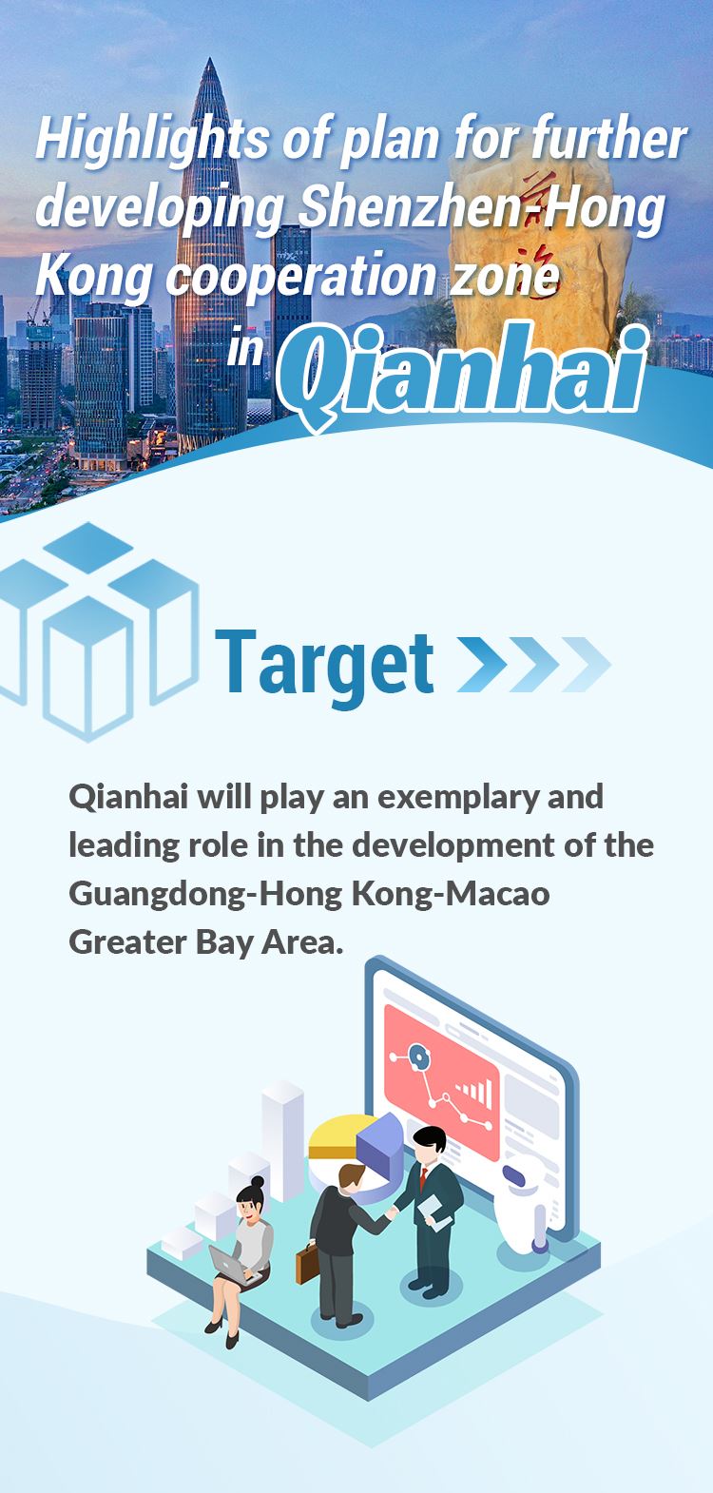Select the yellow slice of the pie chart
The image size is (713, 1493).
337,1137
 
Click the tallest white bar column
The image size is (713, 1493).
282,1141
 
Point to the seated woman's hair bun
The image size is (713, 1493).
258,1180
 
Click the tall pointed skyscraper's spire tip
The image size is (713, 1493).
210,60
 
